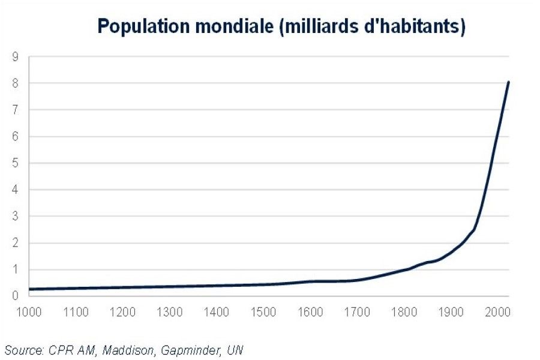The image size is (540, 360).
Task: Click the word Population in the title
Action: pyautogui.click(x=143, y=26)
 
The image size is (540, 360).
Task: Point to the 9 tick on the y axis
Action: pyautogui.click(x=15, y=57)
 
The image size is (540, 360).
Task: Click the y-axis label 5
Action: pyautogui.click(x=15, y=163)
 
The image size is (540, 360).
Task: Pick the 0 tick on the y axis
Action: pyautogui.click(x=15, y=296)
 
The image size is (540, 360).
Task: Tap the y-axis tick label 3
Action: pyautogui.click(x=15, y=216)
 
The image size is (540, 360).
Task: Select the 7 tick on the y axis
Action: pyautogui.click(x=15, y=110)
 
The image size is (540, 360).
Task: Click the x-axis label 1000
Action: pyautogui.click(x=29, y=312)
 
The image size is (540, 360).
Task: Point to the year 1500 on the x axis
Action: pyautogui.click(x=263, y=312)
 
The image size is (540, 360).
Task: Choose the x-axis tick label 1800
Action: pyautogui.click(x=404, y=312)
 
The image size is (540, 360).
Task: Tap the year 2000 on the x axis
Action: pyautogui.click(x=498, y=312)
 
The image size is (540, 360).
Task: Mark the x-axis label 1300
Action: pyautogui.click(x=169, y=312)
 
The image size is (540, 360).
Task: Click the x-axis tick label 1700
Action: pyautogui.click(x=357, y=312)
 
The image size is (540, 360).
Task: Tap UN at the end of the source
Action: pyautogui.click(x=235, y=350)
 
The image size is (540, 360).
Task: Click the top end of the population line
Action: pyautogui.click(x=508, y=82)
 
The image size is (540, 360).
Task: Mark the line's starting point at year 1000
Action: pyautogui.click(x=29, y=289)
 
